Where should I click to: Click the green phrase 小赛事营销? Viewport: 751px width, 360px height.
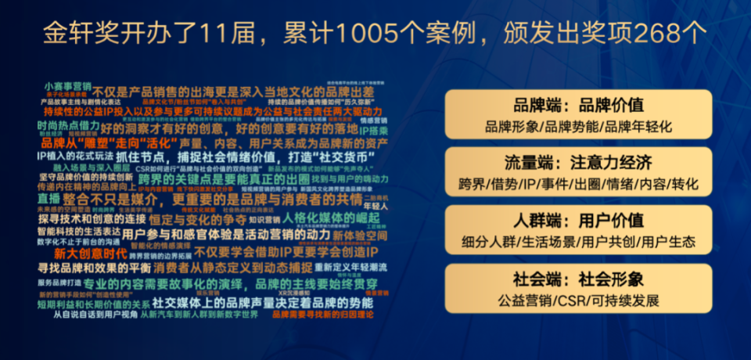pos(68,85)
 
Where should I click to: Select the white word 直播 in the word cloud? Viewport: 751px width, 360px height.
pos(49,199)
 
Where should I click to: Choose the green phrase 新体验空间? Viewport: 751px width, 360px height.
pos(359,235)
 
